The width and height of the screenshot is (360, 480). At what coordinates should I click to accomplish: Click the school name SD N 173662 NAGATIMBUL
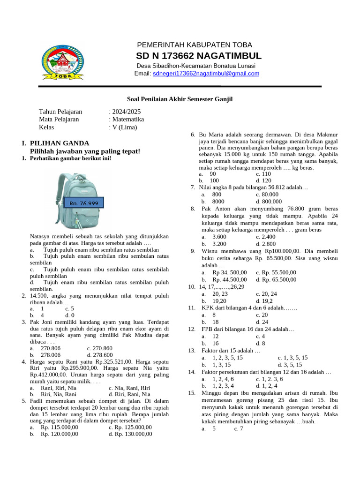199,56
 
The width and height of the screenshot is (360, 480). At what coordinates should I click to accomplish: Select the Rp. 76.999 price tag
84,203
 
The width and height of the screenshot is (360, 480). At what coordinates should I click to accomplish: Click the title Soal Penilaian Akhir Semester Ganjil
180,99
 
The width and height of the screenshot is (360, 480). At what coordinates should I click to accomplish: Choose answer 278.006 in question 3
51,355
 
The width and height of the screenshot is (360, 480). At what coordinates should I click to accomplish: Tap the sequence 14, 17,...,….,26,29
222,286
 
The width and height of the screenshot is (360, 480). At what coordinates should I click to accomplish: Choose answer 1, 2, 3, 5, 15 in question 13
227,357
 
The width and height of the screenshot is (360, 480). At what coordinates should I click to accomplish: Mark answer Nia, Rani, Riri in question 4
129,388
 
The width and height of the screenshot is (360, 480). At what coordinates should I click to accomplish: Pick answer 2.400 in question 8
266,237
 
